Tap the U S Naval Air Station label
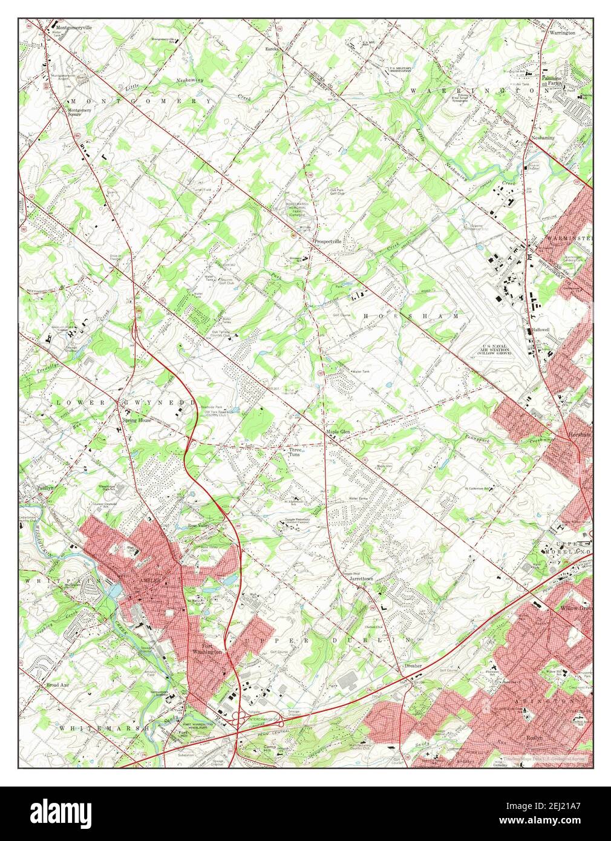pyautogui.click(x=502, y=350)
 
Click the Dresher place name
pyautogui.click(x=413, y=666)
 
